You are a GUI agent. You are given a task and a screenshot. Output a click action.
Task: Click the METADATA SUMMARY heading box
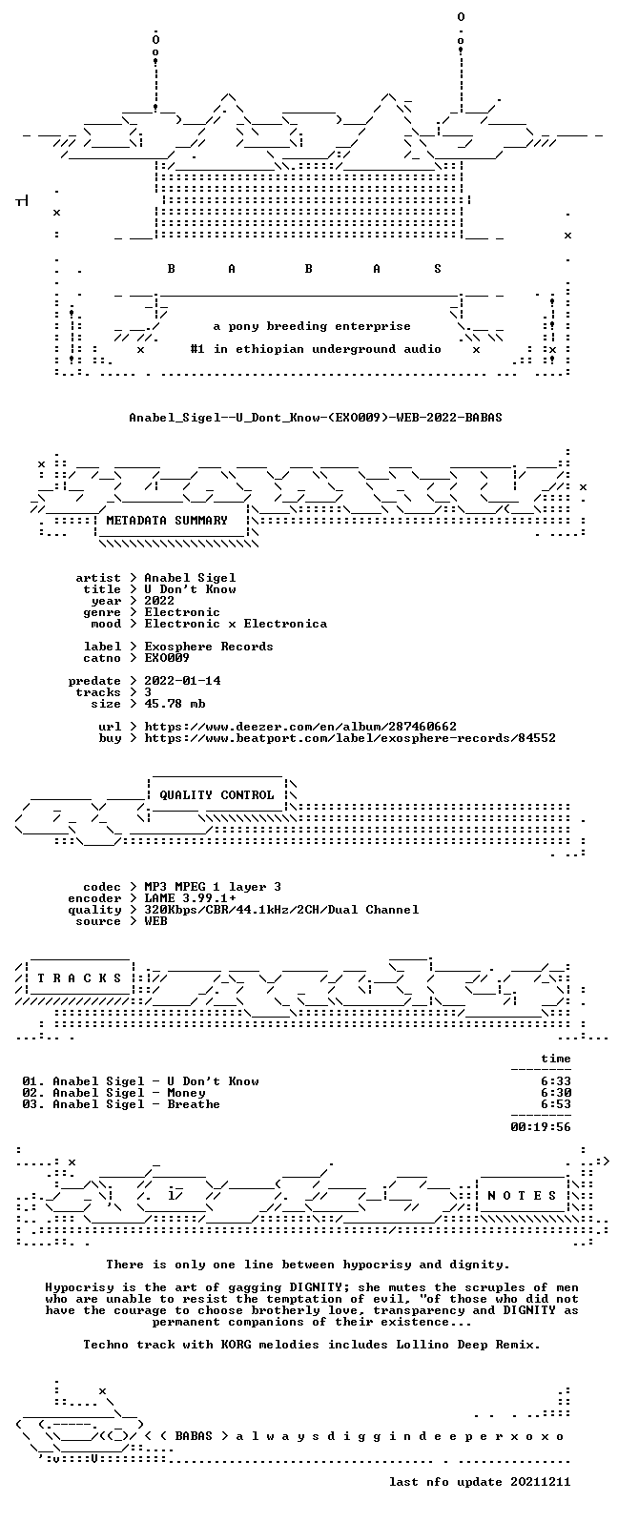[167, 521]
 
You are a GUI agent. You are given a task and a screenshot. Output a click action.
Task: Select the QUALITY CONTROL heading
[216, 795]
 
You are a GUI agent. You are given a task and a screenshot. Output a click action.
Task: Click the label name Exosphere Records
[209, 647]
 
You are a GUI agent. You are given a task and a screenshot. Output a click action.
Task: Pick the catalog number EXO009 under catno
[167, 658]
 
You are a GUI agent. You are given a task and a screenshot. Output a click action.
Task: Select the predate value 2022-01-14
[183, 681]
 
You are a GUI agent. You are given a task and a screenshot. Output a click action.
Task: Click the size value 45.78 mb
[175, 704]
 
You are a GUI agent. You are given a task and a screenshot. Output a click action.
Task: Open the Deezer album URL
[300, 727]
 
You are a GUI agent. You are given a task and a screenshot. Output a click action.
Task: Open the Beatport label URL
[350, 738]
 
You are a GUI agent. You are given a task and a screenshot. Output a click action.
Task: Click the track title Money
[186, 1093]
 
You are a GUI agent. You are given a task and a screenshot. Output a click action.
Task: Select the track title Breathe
[194, 1104]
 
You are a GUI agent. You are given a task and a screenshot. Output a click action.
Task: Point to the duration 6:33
[556, 1081]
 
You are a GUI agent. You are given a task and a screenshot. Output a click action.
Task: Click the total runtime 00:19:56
[541, 1127]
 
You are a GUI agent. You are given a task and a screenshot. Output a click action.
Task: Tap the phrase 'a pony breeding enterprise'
[312, 327]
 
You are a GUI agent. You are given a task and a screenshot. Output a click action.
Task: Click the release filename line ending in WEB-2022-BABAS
[316, 418]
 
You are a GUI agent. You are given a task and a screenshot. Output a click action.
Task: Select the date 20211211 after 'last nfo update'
[541, 1482]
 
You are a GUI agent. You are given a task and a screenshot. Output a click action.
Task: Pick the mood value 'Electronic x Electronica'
[236, 624]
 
